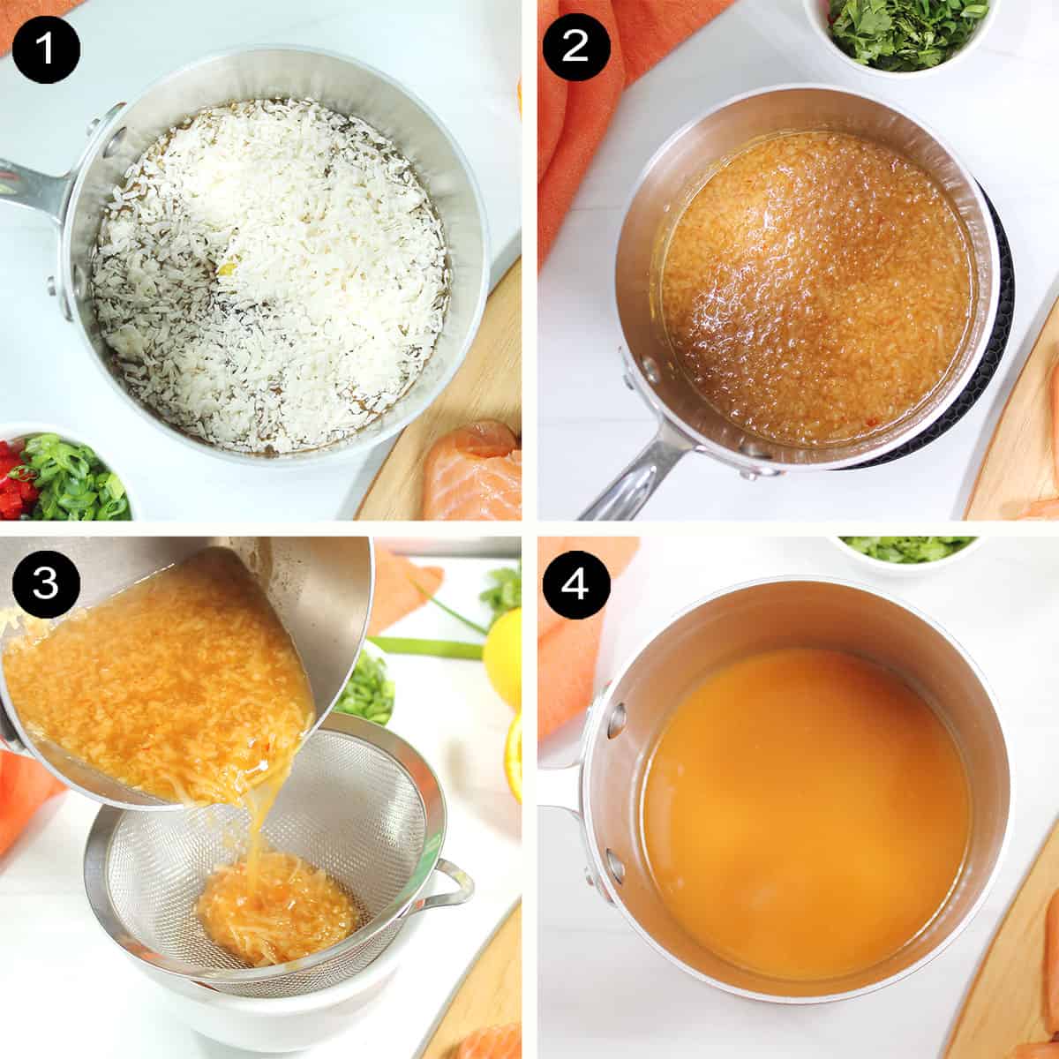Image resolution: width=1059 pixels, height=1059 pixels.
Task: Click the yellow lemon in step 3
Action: [503, 657]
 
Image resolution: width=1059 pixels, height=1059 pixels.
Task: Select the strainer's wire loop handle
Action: [446, 887]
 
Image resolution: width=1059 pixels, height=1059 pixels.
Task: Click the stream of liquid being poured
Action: [256, 834]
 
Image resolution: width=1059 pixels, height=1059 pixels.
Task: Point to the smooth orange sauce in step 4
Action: [803, 812]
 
